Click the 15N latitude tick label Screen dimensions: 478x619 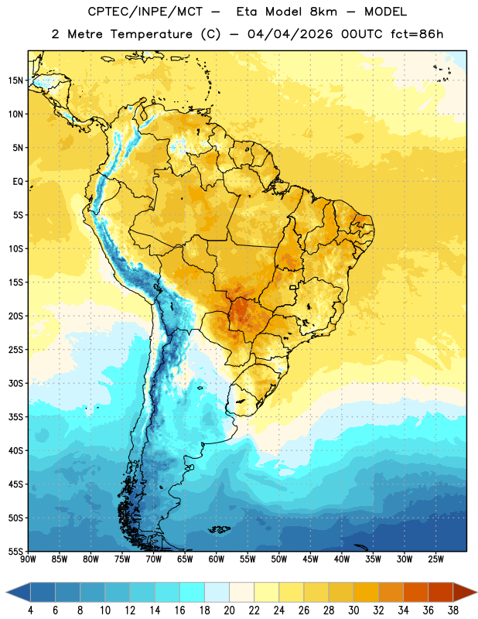(x=15, y=80)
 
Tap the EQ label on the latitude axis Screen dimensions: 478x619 (x=18, y=182)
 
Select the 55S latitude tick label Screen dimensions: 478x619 (x=15, y=551)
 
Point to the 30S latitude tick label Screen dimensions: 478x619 (x=15, y=383)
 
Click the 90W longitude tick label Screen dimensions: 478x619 (x=28, y=559)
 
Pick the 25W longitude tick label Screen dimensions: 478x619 (x=435, y=559)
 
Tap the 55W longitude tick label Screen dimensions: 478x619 (x=248, y=559)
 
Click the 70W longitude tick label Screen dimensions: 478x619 (x=154, y=559)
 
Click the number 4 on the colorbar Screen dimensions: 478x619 (x=30, y=610)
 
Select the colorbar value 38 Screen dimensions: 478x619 (x=453, y=610)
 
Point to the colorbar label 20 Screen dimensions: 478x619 (x=229, y=610)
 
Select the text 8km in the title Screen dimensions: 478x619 (x=323, y=12)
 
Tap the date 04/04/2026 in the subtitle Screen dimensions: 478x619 (x=290, y=34)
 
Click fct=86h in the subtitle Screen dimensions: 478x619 (x=417, y=34)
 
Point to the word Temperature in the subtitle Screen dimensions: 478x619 (x=151, y=34)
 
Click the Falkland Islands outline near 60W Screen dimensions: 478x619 (x=220, y=529)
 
